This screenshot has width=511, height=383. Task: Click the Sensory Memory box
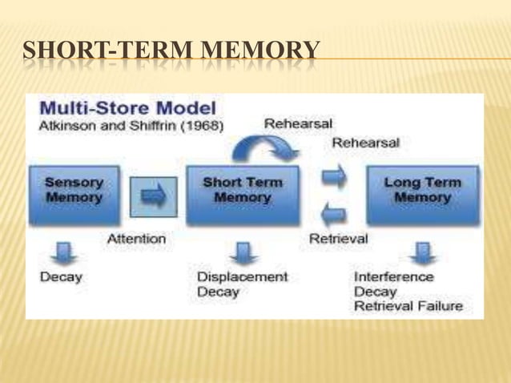coord(73,190)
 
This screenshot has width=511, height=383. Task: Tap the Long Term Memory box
coord(421,190)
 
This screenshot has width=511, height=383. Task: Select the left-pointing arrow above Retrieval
coord(336,214)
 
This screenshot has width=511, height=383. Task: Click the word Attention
coord(136,238)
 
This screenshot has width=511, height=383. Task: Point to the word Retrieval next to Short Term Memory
coord(338,238)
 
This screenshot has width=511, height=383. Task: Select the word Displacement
coord(242,276)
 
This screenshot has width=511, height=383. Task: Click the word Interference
coord(394,276)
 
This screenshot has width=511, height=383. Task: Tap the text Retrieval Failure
coord(408,306)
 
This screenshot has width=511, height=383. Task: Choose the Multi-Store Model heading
coord(128,107)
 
